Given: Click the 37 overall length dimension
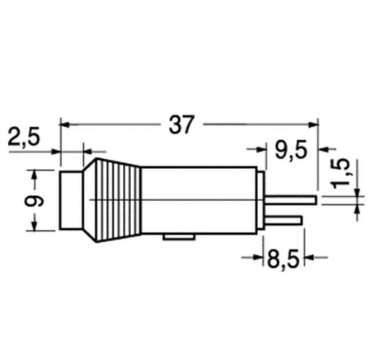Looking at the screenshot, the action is pos(181,124).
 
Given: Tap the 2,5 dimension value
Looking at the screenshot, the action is pos(24,136).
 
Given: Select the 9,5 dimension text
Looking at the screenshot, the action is pos(291,151).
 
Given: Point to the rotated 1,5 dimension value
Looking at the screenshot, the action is pos(340,174).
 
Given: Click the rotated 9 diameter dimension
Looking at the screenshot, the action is pos(34,201).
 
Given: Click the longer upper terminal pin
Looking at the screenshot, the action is pos(291,200).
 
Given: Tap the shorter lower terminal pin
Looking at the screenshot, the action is pos(284,220).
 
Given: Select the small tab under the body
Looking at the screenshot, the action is pos(179,237).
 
